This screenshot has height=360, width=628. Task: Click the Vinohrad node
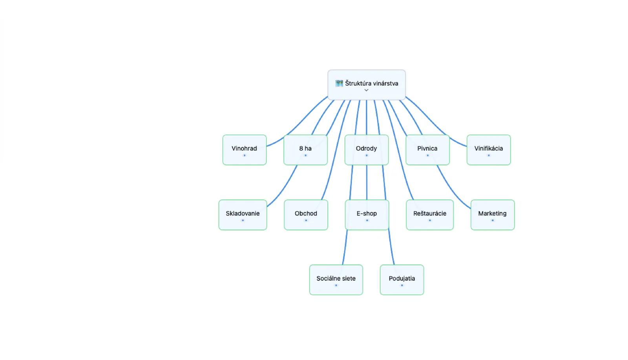245,150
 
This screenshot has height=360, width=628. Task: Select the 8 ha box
306,150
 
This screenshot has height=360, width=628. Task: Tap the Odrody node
367,150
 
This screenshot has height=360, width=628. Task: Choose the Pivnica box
427,150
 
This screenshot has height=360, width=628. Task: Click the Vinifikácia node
489,150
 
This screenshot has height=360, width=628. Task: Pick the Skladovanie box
243,215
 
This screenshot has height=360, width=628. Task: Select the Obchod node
306,215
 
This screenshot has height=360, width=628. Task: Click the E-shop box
367,215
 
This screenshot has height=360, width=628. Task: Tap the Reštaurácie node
430,215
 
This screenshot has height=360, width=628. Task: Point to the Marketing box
493,215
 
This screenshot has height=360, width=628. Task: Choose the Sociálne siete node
336,280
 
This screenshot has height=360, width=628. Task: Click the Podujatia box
402,280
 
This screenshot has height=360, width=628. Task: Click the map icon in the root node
339,83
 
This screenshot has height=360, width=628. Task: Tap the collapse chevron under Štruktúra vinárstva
367,90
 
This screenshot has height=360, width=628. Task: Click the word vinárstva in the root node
385,83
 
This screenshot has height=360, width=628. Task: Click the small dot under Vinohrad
245,155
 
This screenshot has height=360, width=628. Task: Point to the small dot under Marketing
493,220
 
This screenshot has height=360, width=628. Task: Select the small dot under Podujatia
402,285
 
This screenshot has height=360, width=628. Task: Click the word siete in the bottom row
349,278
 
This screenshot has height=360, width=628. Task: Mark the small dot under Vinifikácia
489,155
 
